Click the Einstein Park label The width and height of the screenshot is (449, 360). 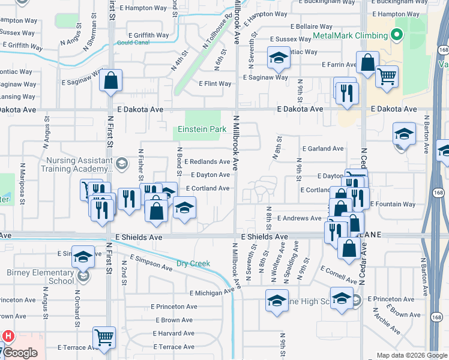[x=202, y=129]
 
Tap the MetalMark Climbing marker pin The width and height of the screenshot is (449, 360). [x=396, y=35]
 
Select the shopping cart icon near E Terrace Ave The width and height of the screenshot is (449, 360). [x=104, y=338]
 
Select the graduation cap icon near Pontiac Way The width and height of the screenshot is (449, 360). [x=277, y=58]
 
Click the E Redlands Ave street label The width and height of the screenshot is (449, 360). [x=207, y=162]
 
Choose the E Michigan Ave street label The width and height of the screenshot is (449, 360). [x=211, y=293]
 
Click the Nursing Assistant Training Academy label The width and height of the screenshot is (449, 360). [x=79, y=165]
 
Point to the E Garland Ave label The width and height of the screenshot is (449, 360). [x=323, y=148]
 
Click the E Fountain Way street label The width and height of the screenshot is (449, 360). [x=393, y=205]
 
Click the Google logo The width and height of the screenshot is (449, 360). [x=20, y=353]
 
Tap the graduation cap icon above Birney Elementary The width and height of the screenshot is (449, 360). [x=83, y=257]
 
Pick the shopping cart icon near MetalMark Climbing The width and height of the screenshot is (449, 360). [x=387, y=76]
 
